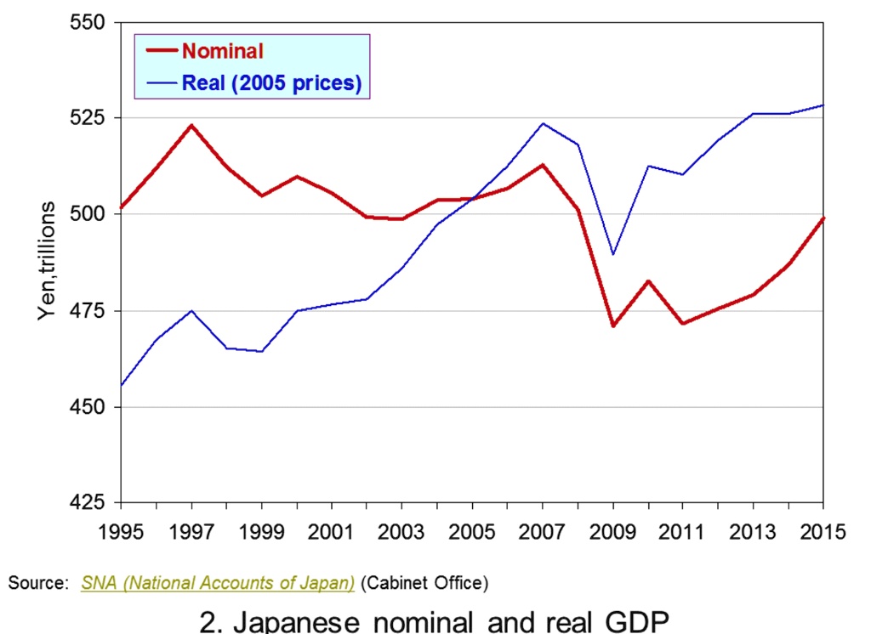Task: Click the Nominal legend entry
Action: (x=222, y=50)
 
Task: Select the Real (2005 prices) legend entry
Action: (x=271, y=83)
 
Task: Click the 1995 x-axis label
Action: (x=121, y=533)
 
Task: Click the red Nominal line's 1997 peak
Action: (x=191, y=126)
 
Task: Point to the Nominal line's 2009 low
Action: (x=612, y=325)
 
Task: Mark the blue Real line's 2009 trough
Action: (x=612, y=254)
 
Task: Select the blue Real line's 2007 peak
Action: (x=543, y=123)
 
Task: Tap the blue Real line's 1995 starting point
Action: (x=122, y=385)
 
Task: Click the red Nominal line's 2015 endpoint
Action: (x=823, y=218)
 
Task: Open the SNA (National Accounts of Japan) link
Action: (x=218, y=584)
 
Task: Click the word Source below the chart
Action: (x=36, y=584)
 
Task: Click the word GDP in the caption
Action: (x=630, y=621)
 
